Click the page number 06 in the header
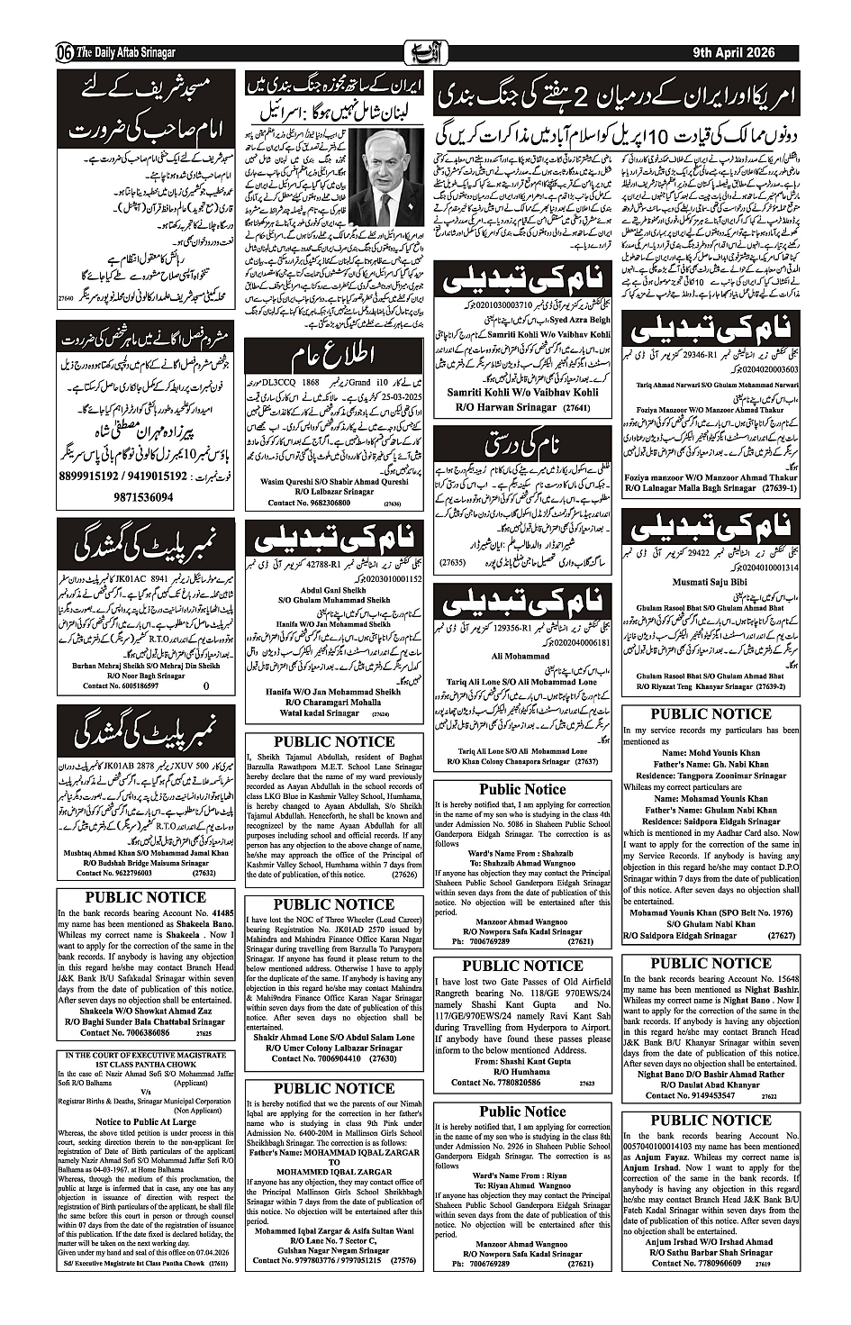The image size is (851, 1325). click(x=65, y=52)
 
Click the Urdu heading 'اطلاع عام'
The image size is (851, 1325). click(x=334, y=354)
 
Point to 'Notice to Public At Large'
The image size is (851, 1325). click(x=145, y=1121)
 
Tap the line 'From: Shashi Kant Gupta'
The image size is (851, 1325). click(x=522, y=1061)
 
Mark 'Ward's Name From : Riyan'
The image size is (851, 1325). click(x=518, y=1175)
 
